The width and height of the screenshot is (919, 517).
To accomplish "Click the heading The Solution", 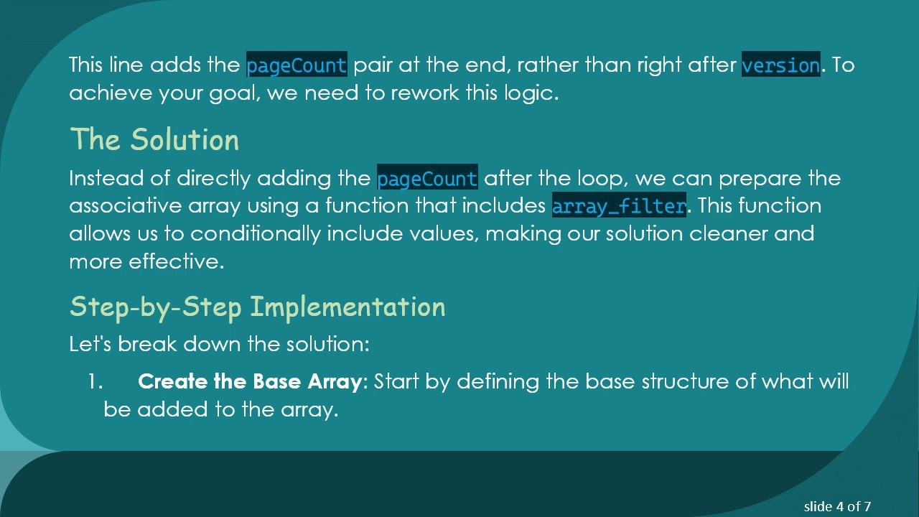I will (154, 139).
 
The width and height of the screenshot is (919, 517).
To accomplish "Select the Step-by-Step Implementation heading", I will (257, 307).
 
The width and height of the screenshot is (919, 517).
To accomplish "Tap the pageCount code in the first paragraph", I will (297, 65).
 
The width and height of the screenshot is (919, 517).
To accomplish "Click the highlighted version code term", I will (780, 65).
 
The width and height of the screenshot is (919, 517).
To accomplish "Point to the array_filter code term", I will (619, 206).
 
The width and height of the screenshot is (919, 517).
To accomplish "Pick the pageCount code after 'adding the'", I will (427, 178).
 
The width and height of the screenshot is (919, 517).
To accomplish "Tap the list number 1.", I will (95, 381).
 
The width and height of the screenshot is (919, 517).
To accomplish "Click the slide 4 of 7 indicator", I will (837, 506).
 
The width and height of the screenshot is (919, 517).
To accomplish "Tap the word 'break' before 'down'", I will (147, 344).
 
